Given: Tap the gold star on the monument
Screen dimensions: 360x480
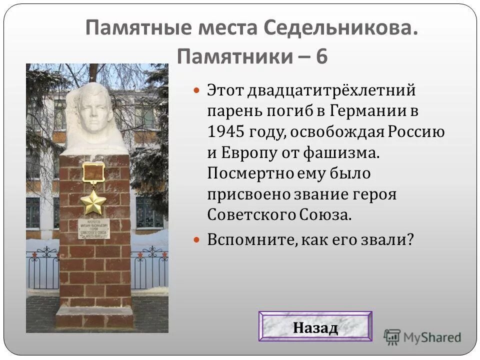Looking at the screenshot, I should click(93, 202).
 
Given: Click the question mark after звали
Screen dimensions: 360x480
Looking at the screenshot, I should click(410, 239).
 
